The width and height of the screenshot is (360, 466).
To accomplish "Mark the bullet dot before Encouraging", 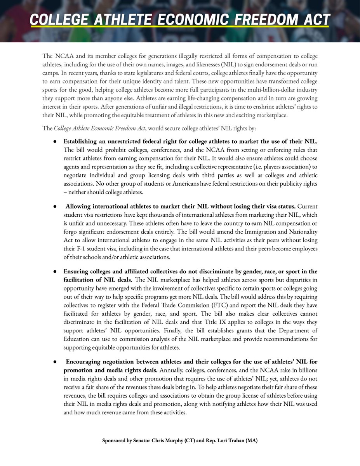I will [56, 362].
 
